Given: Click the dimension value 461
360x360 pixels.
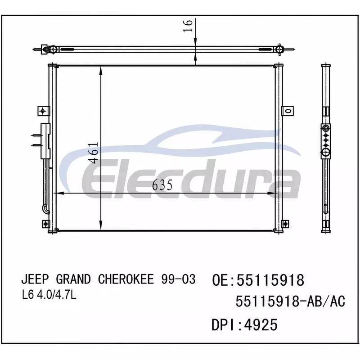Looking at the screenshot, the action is (x=94, y=153).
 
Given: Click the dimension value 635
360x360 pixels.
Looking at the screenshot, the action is (x=162, y=185).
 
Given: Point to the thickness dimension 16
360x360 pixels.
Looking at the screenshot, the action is (x=188, y=26).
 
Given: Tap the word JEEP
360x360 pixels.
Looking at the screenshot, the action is (x=35, y=279).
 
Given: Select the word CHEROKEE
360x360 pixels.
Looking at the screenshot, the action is (x=126, y=279).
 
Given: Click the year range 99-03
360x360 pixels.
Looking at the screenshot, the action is (x=178, y=279).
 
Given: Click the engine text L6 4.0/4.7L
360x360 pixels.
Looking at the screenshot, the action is (x=49, y=296).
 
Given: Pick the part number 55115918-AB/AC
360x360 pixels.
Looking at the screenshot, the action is (x=290, y=301).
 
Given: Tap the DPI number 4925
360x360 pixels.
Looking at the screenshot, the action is (x=261, y=324).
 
